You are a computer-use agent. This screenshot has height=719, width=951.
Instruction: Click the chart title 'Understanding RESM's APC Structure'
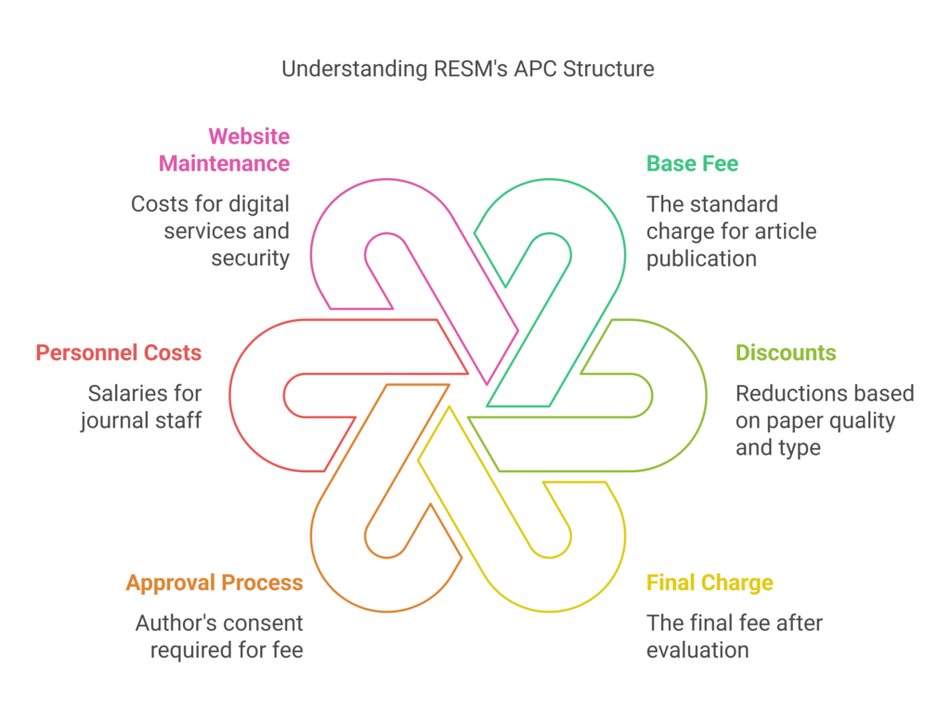click(x=467, y=69)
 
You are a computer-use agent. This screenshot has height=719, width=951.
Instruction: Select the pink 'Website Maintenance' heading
click(x=224, y=150)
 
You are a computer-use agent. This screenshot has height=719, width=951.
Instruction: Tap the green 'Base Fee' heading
click(x=692, y=164)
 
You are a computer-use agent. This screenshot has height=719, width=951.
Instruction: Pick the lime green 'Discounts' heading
click(x=786, y=353)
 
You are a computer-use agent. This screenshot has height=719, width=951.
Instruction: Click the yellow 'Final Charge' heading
click(x=710, y=584)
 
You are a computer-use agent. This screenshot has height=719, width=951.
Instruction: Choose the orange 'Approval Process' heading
click(x=215, y=583)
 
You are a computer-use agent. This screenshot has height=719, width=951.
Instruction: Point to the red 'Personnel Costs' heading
click(x=119, y=353)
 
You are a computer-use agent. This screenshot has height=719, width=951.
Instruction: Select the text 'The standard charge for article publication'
click(x=731, y=231)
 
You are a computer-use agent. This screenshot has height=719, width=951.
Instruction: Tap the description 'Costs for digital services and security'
click(x=210, y=231)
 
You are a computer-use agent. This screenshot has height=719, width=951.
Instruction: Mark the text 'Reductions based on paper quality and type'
click(x=824, y=420)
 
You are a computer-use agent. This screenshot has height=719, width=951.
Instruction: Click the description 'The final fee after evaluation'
click(x=734, y=636)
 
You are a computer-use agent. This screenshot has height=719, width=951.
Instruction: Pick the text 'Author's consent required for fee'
click(x=220, y=636)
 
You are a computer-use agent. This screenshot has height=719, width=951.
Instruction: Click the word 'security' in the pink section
click(x=251, y=259)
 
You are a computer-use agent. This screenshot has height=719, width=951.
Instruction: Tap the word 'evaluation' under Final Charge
click(x=697, y=650)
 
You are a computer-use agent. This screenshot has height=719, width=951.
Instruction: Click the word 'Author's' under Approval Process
click(x=171, y=623)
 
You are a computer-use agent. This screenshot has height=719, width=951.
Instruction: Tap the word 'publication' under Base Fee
click(x=701, y=259)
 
